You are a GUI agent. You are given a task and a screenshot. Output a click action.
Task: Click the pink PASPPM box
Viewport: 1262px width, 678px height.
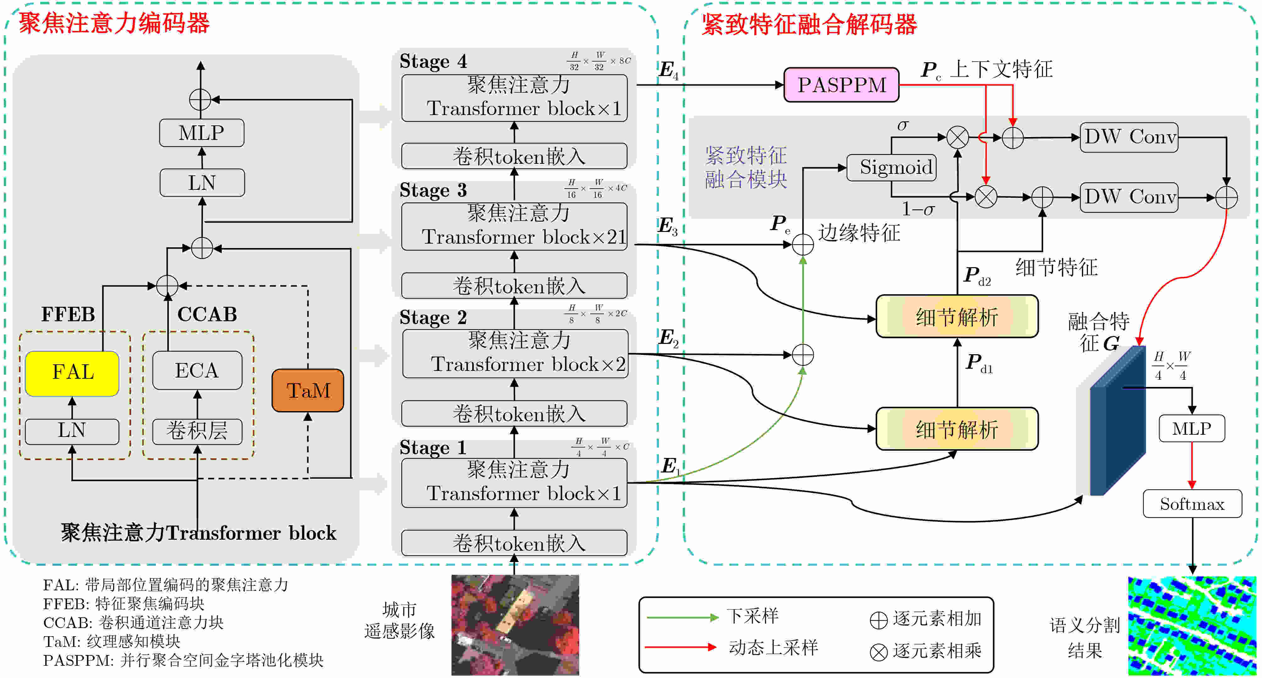[x=841, y=85]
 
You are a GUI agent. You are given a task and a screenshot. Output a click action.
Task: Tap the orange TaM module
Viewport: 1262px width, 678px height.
[x=308, y=390]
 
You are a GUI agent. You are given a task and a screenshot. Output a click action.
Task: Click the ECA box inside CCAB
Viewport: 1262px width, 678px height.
[x=197, y=370]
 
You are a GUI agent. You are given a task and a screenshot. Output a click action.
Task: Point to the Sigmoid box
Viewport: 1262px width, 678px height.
[x=892, y=168]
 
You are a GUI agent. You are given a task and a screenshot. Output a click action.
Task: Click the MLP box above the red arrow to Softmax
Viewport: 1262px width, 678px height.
[x=1192, y=429]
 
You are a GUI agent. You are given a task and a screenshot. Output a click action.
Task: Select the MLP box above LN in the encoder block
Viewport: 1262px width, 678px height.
[x=201, y=133]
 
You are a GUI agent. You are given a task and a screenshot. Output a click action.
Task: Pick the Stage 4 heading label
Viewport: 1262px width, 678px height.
[x=433, y=61]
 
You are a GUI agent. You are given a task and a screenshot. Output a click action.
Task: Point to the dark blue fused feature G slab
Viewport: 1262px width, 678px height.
[x=1119, y=421]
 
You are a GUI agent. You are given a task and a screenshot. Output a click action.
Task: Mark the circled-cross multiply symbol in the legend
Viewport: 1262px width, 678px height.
[x=878, y=652]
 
